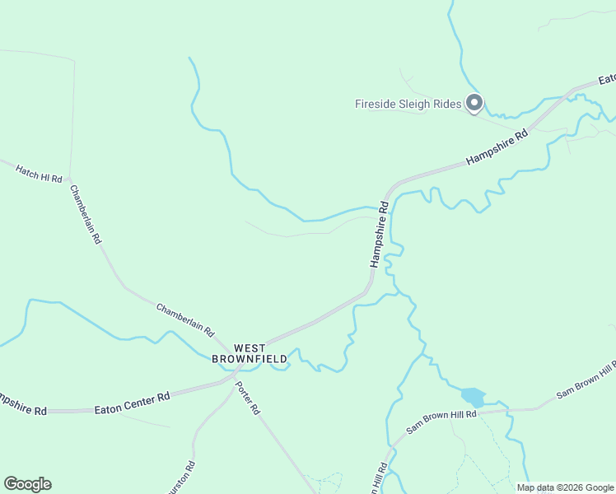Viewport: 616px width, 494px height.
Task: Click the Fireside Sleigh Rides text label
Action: pyautogui.click(x=408, y=105)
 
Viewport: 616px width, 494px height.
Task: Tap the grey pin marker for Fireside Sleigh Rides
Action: pyautogui.click(x=474, y=103)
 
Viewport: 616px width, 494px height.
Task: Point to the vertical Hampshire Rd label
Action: pyautogui.click(x=380, y=233)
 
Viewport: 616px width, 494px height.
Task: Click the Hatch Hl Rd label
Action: pyautogui.click(x=39, y=173)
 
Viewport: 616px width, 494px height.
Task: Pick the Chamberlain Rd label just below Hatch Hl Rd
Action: pyautogui.click(x=85, y=214)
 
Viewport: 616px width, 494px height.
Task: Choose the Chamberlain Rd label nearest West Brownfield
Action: pyautogui.click(x=185, y=319)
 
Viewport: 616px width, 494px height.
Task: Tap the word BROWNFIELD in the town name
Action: pyautogui.click(x=250, y=359)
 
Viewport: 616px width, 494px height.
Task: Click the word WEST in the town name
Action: pyautogui.click(x=250, y=348)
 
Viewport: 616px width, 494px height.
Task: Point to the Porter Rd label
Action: pyautogui.click(x=247, y=397)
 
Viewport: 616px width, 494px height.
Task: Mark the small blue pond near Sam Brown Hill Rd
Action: pyautogui.click(x=473, y=396)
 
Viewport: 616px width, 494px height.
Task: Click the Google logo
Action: pyautogui.click(x=27, y=484)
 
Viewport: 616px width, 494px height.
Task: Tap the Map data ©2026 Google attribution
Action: pyautogui.click(x=565, y=487)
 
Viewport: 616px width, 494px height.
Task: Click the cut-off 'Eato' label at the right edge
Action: pyautogui.click(x=607, y=80)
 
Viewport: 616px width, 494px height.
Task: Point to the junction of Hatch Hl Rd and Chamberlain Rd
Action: pyautogui.click(x=69, y=178)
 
